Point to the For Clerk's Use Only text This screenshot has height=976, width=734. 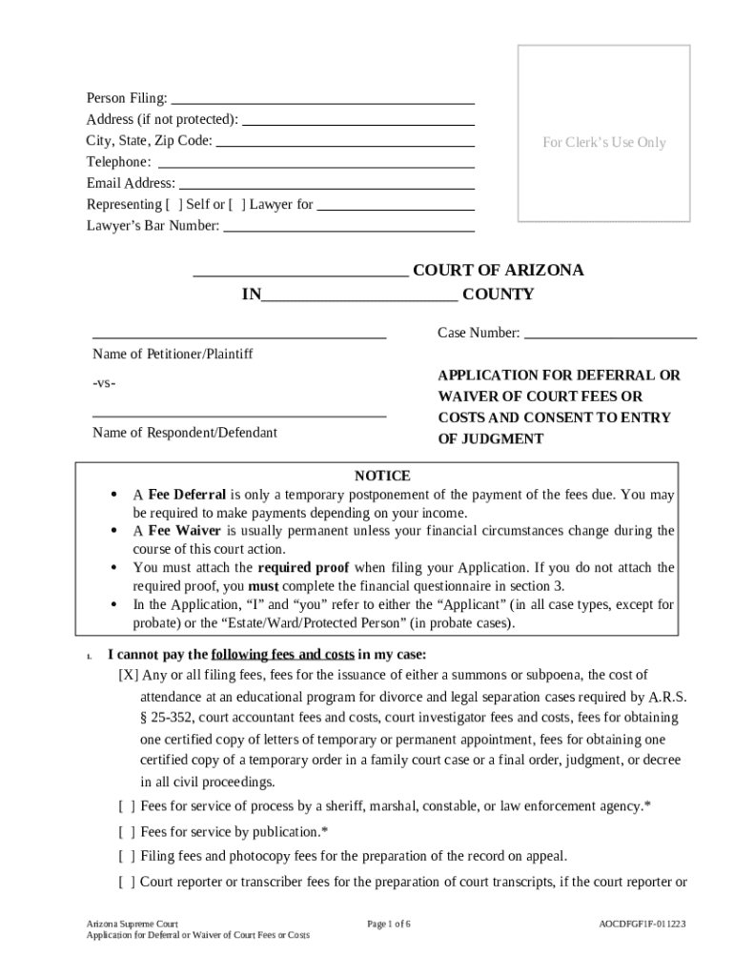(604, 142)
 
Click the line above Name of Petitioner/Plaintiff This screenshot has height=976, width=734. (239, 337)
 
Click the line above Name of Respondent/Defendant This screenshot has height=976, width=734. (239, 417)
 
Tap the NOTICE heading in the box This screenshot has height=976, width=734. (382, 476)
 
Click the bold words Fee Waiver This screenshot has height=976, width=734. (185, 531)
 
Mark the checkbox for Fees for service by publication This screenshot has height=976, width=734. (127, 831)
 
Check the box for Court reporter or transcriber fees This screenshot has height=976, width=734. (127, 882)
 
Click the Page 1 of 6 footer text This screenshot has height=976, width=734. (389, 925)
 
